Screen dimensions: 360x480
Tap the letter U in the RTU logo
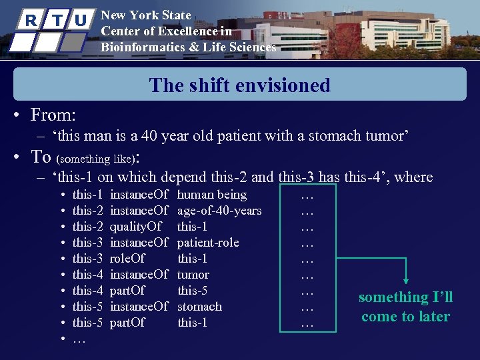[x=79, y=20]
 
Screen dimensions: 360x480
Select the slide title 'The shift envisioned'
[x=240, y=85]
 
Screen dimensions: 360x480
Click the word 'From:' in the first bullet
[x=53, y=115]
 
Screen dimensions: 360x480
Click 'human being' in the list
[x=212, y=195]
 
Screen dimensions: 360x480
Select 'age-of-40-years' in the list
[x=219, y=211]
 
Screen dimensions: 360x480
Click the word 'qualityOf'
[x=135, y=227]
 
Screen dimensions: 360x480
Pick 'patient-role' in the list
[x=208, y=243]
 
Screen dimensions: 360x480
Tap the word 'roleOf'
[x=127, y=259]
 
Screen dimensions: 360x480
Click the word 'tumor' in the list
[x=193, y=275]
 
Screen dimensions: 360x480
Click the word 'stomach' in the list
[x=199, y=307]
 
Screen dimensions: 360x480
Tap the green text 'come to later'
[x=405, y=317]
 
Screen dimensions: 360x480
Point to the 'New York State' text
[x=145, y=15]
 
